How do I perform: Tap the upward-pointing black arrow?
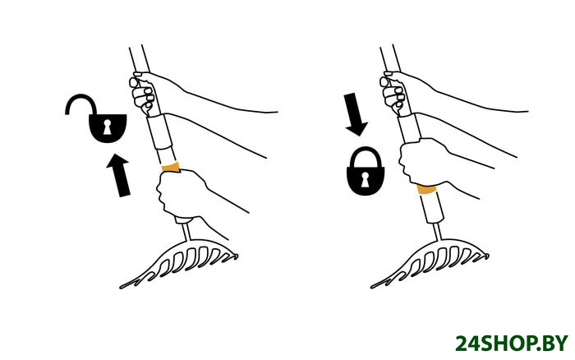[x=119, y=175]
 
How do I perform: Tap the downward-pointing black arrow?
[x=355, y=114]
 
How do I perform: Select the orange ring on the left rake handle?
[x=171, y=167]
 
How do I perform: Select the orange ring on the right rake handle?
[x=426, y=189]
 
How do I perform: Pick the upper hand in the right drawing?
[x=395, y=93]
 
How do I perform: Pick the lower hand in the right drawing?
[x=421, y=162]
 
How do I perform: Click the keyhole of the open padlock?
[x=107, y=127]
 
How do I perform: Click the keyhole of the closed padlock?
[x=366, y=179]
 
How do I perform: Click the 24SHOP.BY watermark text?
[x=512, y=344]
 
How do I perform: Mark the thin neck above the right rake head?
[x=437, y=232]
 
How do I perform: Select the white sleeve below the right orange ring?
[x=432, y=208]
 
